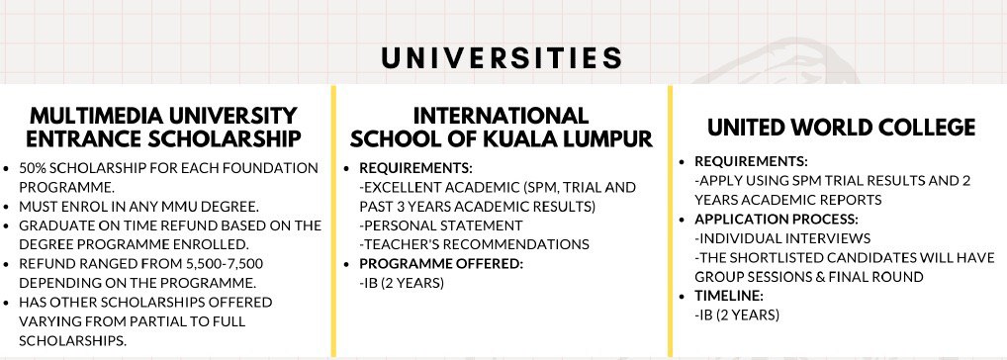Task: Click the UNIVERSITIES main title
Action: pyautogui.click(x=502, y=57)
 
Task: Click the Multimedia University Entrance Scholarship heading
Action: pyautogui.click(x=164, y=127)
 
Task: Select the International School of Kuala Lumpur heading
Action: pyautogui.click(x=501, y=127)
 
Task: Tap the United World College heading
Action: pyautogui.click(x=841, y=127)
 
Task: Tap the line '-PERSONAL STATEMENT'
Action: pyautogui.click(x=440, y=225)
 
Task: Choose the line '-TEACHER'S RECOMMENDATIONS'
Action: pyautogui.click(x=474, y=244)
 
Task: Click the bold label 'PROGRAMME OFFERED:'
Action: pyautogui.click(x=441, y=264)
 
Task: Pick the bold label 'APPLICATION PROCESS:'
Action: pyautogui.click(x=777, y=220)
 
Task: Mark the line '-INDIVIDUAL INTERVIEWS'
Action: pyautogui.click(x=782, y=238)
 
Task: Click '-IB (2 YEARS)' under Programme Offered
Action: pyautogui.click(x=402, y=283)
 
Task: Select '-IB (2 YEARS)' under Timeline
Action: pyautogui.click(x=737, y=315)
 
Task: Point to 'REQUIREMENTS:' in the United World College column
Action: pyautogui.click(x=752, y=162)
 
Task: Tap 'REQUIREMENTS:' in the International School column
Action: pyautogui.click(x=416, y=168)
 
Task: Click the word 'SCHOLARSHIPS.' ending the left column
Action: pyautogui.click(x=72, y=341)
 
